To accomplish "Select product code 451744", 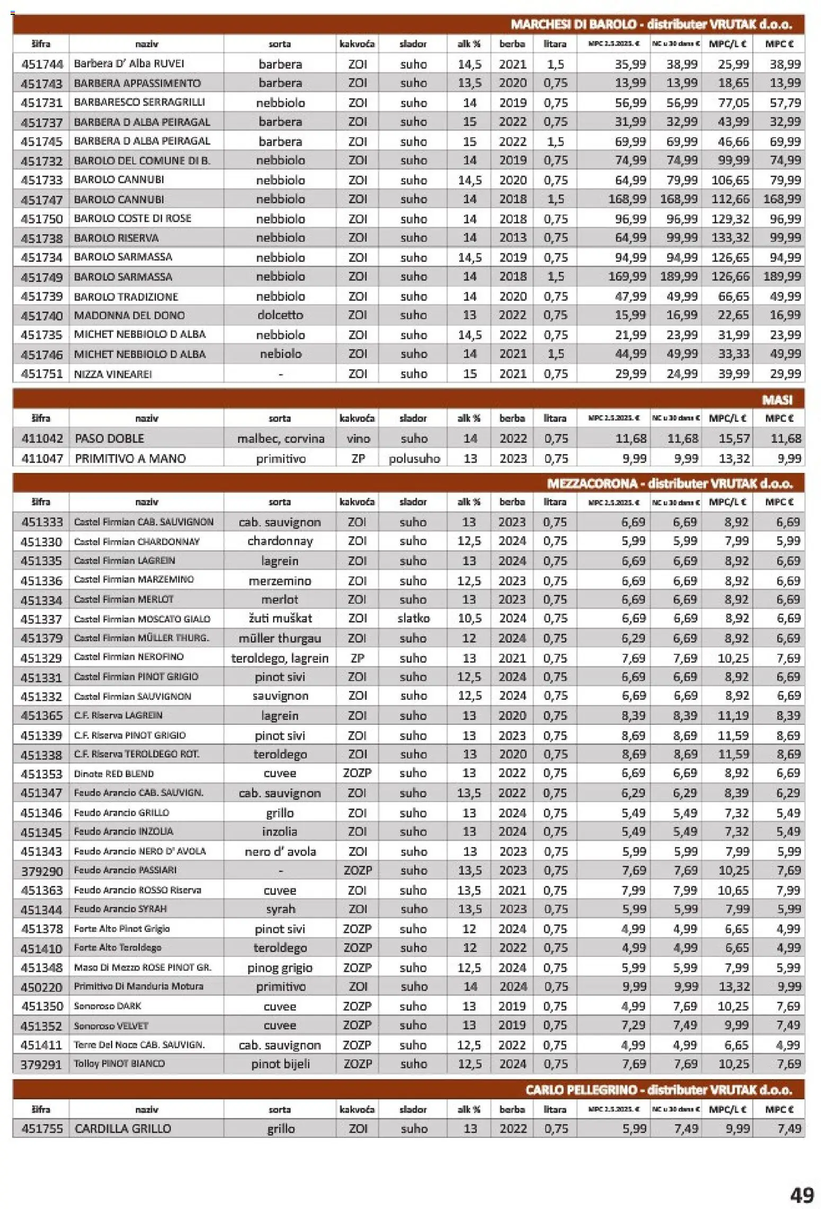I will (42, 64).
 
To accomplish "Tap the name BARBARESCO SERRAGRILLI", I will (139, 102).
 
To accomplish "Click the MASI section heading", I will (777, 400).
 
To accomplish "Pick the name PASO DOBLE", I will (109, 439).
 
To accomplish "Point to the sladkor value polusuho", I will (414, 458).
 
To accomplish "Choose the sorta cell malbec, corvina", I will (280, 439).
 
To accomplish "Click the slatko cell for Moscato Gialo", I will (413, 618).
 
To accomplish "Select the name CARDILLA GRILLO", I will (123, 1128).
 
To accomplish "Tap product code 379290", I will (42, 870).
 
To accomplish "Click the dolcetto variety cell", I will (280, 315).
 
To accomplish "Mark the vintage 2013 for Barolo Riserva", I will (512, 238).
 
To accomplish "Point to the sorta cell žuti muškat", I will (280, 618).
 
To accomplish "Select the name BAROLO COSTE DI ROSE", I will (132, 218).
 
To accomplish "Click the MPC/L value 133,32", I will (730, 238).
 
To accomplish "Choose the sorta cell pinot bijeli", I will (280, 1064).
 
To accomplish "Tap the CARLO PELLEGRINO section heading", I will (658, 1090).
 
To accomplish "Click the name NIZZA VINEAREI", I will (113, 374).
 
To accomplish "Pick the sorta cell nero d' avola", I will (280, 851).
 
